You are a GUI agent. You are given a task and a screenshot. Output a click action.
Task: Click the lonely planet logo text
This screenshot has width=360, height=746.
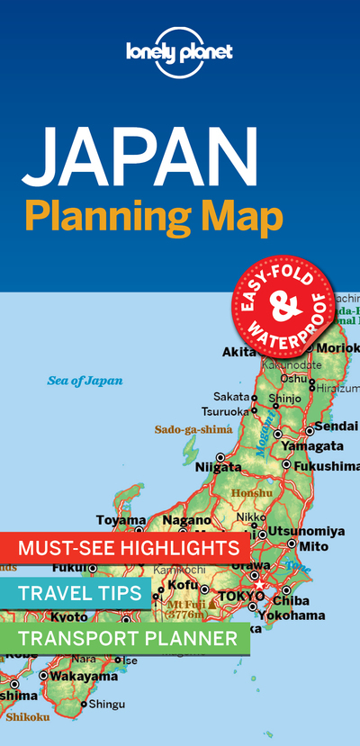179,51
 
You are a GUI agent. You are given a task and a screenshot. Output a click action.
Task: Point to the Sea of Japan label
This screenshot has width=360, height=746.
85,381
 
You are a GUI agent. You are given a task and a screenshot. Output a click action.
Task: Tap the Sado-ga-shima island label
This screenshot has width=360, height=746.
193,430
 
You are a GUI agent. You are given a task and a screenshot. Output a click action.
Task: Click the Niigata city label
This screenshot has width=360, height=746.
219,467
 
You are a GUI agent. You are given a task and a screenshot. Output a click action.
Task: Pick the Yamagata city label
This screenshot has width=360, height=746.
311,445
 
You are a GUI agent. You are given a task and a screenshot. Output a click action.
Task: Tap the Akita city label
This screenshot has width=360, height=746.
239,352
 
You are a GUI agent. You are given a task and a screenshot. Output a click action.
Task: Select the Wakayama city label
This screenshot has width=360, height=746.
84,675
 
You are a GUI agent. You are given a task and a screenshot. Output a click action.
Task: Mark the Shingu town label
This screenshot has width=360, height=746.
107,704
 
